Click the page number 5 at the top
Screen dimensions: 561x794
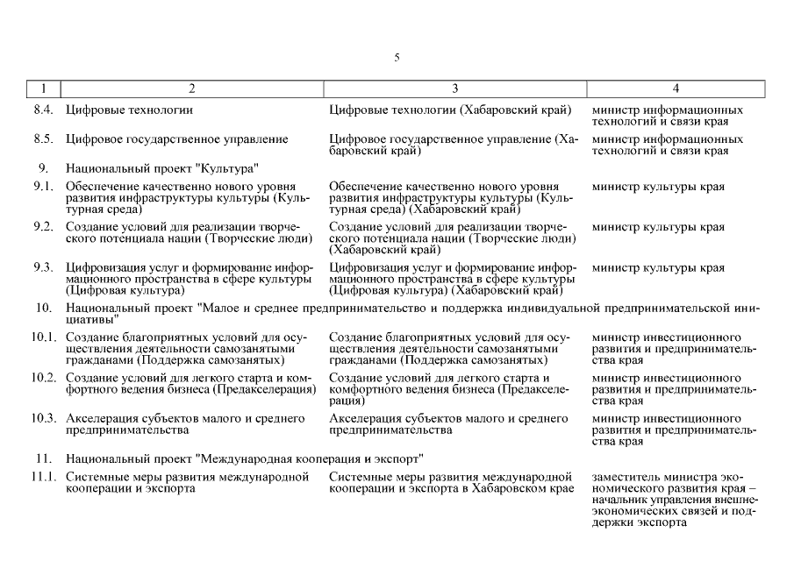397,58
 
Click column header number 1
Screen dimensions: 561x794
44,89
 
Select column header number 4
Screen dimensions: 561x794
676,89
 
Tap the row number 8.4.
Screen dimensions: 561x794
44,110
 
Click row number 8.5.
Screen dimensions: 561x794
44,139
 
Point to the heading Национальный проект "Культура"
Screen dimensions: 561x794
161,167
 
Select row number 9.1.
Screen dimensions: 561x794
44,187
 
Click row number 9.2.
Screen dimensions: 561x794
44,227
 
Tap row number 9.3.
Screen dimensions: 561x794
44,268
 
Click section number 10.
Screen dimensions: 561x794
44,309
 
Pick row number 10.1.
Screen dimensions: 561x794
44,337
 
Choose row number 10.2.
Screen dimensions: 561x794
44,378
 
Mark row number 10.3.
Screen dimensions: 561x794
44,418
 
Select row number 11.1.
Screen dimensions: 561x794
44,477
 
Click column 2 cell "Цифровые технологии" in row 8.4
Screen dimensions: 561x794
130,110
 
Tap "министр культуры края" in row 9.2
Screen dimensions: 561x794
658,227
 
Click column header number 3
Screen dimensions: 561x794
454,89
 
